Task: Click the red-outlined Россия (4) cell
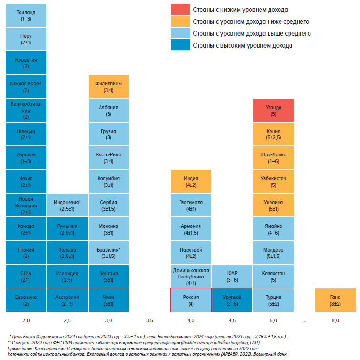tap(190, 300)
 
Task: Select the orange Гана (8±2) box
tap(335, 300)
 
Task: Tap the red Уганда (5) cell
tap(273, 111)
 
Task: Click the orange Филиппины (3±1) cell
tap(109, 87)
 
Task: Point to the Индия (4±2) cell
tap(190, 182)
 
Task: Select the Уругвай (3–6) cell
tap(232, 300)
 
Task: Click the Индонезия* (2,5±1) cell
tap(67, 205)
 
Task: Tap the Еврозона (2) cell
tap(26, 300)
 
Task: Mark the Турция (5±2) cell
tap(273, 300)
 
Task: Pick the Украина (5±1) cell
tap(273, 205)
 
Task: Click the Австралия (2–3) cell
tap(67, 300)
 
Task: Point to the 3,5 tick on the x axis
tap(150, 320)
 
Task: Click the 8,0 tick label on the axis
tap(335, 320)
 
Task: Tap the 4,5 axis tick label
tap(232, 320)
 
